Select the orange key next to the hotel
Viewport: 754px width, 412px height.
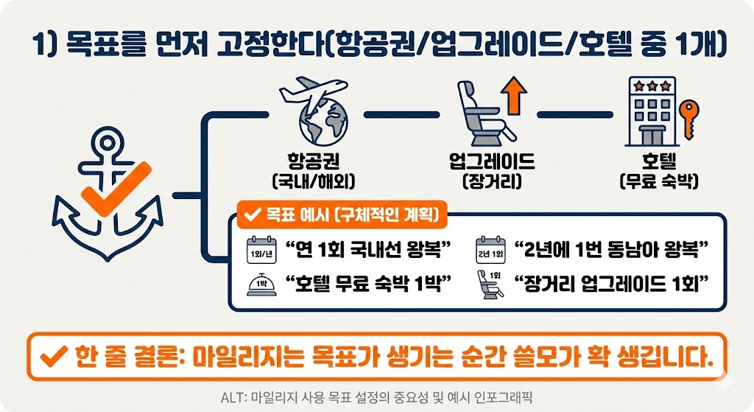(x=688, y=119)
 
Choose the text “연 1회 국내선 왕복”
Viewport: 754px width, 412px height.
(x=362, y=249)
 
